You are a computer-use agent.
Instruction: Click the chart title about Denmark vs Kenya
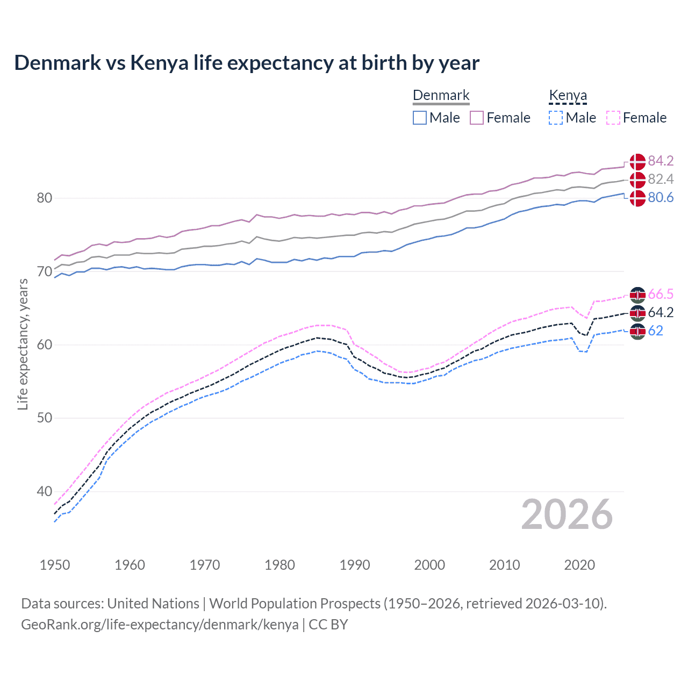[x=247, y=63]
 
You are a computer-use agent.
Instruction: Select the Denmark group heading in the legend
[x=441, y=96]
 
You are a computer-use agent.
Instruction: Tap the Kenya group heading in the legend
[x=568, y=96]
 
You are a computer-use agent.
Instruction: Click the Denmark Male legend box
[x=420, y=118]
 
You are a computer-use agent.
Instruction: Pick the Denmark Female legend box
[x=477, y=118]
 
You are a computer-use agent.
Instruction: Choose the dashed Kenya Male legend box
[x=556, y=118]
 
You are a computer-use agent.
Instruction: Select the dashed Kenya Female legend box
[x=613, y=118]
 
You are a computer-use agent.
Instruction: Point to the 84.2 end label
[x=661, y=161]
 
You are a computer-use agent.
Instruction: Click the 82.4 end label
[x=661, y=179]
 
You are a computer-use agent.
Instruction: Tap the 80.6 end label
[x=661, y=198]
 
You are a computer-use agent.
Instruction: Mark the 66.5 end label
[x=661, y=294]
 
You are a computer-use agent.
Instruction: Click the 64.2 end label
[x=661, y=312]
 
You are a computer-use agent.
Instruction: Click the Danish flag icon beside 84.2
[x=637, y=161]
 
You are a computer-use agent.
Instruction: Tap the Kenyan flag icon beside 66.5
[x=637, y=295]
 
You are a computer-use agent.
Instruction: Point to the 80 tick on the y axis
[x=45, y=198]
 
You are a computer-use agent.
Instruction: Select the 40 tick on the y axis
[x=45, y=491]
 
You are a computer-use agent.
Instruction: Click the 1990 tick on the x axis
[x=355, y=565]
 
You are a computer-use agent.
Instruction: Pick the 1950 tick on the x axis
[x=55, y=565]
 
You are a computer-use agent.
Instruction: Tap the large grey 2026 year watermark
[x=567, y=514]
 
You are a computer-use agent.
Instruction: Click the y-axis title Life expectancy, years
[x=23, y=344]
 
